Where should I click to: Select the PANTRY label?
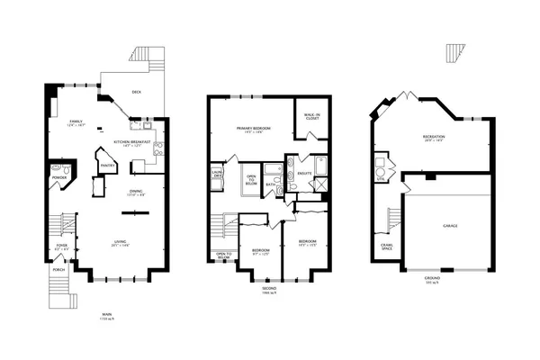109,166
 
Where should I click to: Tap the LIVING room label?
119,240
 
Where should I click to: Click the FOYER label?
62,245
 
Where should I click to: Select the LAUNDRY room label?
217,175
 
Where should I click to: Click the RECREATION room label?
435,137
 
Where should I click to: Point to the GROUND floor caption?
432,279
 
